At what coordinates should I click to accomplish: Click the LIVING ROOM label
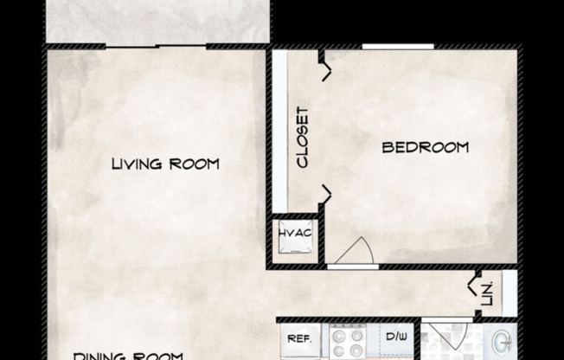(165, 164)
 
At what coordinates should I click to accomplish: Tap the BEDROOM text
(426, 147)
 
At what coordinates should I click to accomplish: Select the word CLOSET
(303, 137)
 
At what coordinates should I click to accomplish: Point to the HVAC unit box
(295, 235)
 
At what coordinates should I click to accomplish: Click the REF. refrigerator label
(299, 338)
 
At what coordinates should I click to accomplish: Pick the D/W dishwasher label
(397, 337)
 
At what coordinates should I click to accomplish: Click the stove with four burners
(348, 341)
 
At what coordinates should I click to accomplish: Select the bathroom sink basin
(503, 343)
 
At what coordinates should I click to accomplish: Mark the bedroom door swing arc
(354, 250)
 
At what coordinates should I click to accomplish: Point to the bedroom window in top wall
(397, 46)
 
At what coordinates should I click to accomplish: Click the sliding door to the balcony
(157, 46)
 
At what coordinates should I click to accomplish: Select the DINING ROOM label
(127, 355)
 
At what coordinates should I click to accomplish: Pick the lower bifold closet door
(325, 194)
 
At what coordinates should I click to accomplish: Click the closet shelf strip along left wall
(279, 130)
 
